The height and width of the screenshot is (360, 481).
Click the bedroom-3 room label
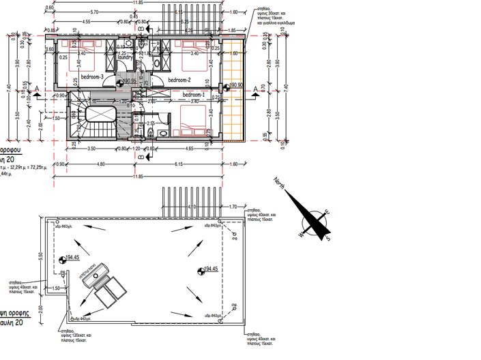coord(91,77)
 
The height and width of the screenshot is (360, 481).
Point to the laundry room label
coord(125,57)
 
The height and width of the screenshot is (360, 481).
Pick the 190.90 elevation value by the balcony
coord(236,85)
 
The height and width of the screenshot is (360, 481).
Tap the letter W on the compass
coord(301,234)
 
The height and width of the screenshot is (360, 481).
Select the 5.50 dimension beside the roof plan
coord(41,255)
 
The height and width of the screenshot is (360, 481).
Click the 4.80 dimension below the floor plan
coord(100,164)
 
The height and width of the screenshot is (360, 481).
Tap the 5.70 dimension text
coord(94,12)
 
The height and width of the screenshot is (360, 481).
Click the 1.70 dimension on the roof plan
coord(233,206)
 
